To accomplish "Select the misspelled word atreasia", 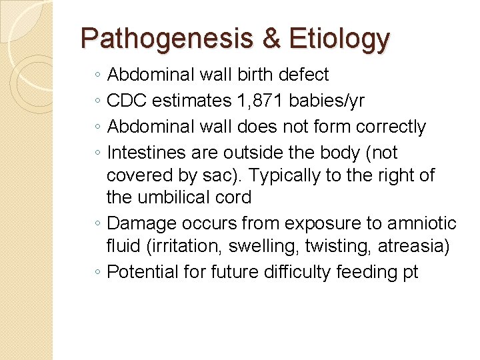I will tap(413, 246).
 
